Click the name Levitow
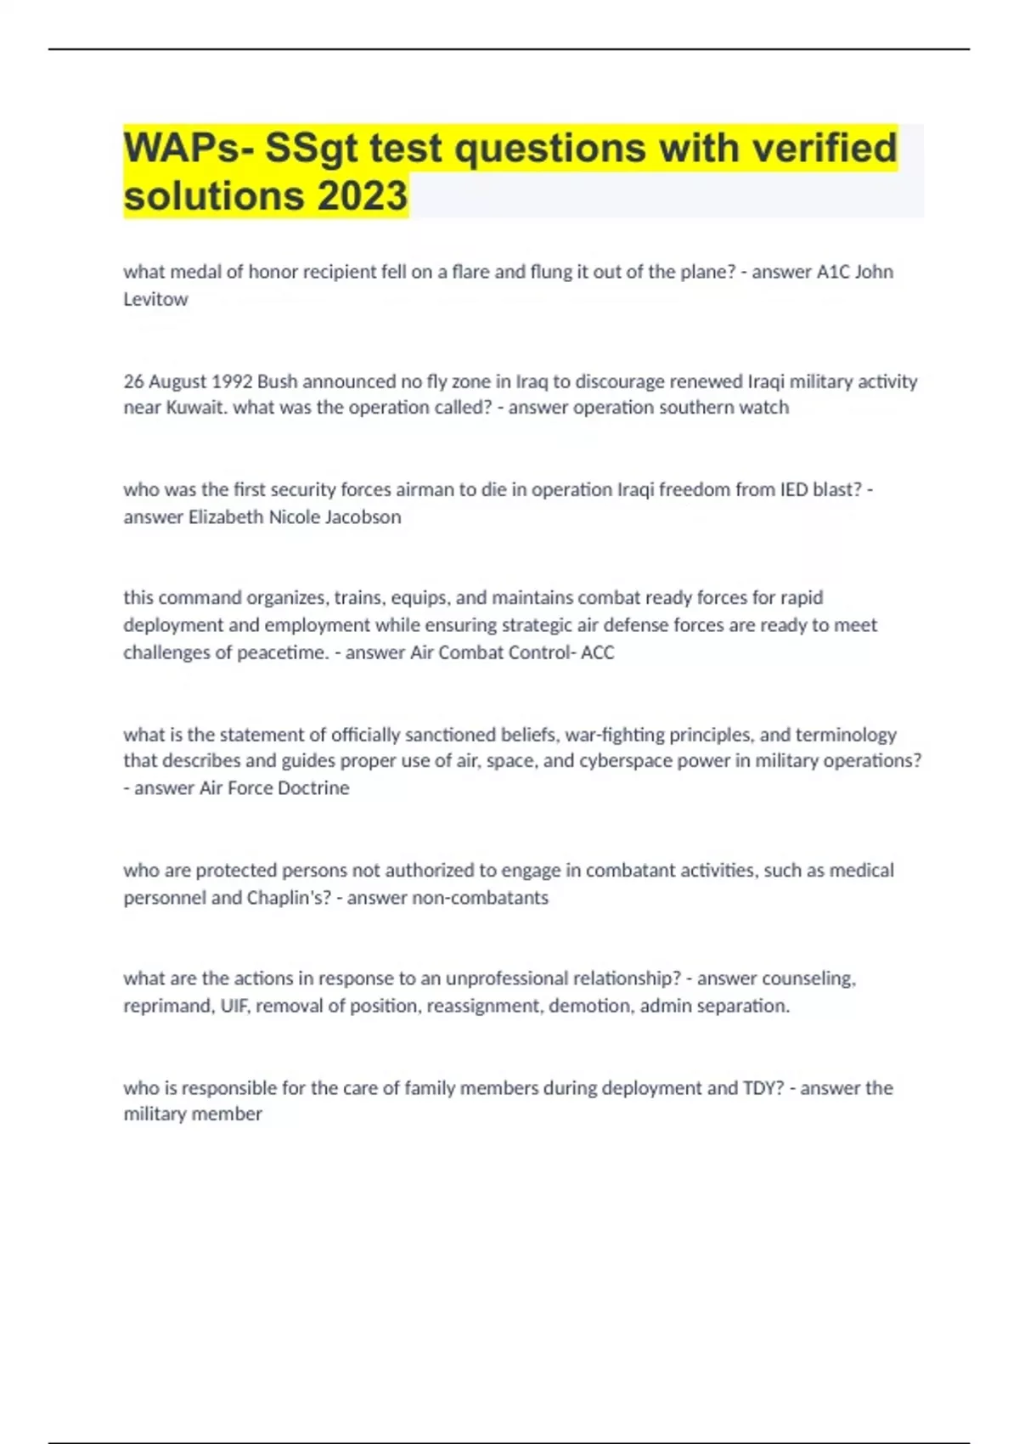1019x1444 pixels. tap(155, 299)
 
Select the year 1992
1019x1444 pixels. tap(232, 381)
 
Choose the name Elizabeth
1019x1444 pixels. tap(225, 516)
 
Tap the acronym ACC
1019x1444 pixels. tap(597, 652)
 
